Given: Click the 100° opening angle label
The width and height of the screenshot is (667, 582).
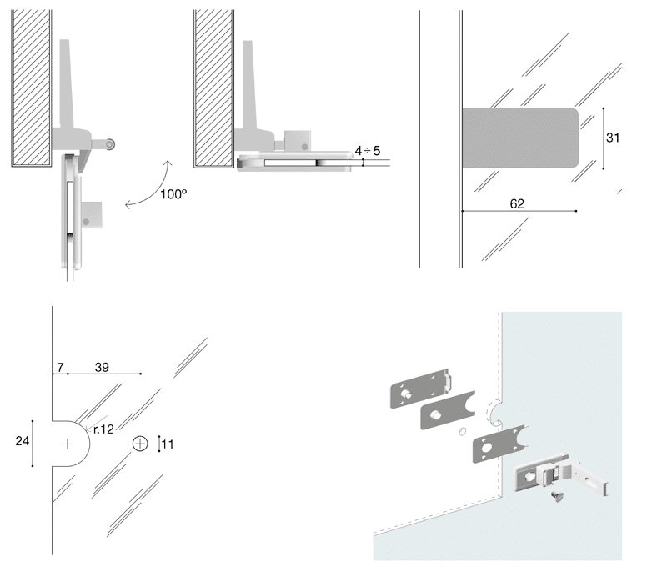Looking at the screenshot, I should (x=173, y=195).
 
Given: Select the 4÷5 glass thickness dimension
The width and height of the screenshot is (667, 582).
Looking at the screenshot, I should (x=367, y=150).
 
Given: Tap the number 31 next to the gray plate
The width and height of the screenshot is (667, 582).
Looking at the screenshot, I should (x=613, y=138).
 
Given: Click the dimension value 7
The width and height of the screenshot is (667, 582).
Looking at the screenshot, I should (x=60, y=367).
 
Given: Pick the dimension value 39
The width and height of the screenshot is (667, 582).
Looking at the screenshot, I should (x=102, y=367).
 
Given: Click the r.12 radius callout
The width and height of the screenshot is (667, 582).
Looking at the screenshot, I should (x=103, y=429).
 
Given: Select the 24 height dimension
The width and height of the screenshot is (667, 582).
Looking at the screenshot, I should (x=23, y=442).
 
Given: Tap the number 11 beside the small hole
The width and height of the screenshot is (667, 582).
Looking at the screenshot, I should (x=168, y=444).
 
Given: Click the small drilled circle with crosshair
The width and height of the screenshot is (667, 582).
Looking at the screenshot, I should (x=140, y=444).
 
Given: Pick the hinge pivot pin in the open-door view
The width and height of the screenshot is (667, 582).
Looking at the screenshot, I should (x=109, y=144).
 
